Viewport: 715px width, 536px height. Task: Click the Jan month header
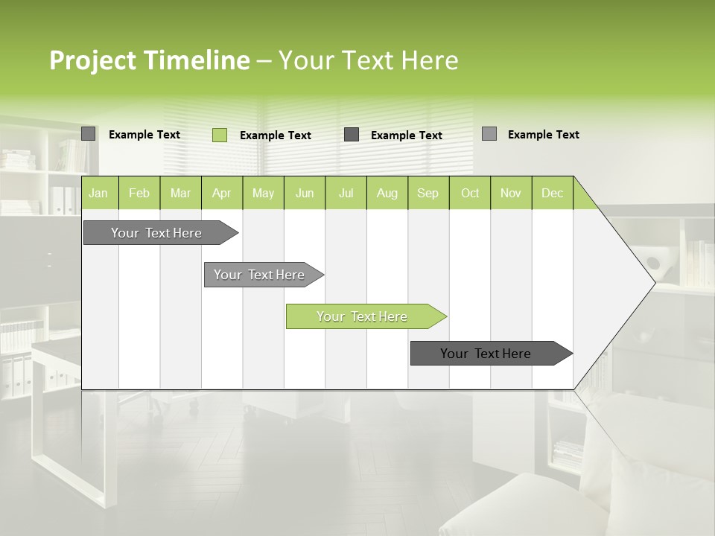[x=98, y=193]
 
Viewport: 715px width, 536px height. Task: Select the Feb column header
[x=139, y=193]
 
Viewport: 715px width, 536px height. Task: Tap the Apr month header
[x=221, y=193]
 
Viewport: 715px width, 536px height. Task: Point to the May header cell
[x=263, y=193]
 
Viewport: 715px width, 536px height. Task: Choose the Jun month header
[x=305, y=193]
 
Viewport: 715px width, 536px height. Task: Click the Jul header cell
[x=346, y=193]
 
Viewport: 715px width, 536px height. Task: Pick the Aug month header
[x=387, y=193]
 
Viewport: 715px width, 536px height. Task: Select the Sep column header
[x=428, y=193]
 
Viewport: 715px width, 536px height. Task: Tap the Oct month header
[x=470, y=193]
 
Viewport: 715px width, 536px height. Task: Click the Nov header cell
[x=511, y=193]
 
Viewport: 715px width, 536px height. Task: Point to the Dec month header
[x=552, y=193]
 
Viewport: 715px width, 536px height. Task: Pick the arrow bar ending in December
[x=488, y=354]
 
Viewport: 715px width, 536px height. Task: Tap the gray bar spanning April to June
[x=261, y=275]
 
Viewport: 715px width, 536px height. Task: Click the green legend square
[x=220, y=135]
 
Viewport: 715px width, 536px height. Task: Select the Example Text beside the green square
[x=276, y=135]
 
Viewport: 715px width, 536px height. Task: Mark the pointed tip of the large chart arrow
[x=654, y=282]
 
